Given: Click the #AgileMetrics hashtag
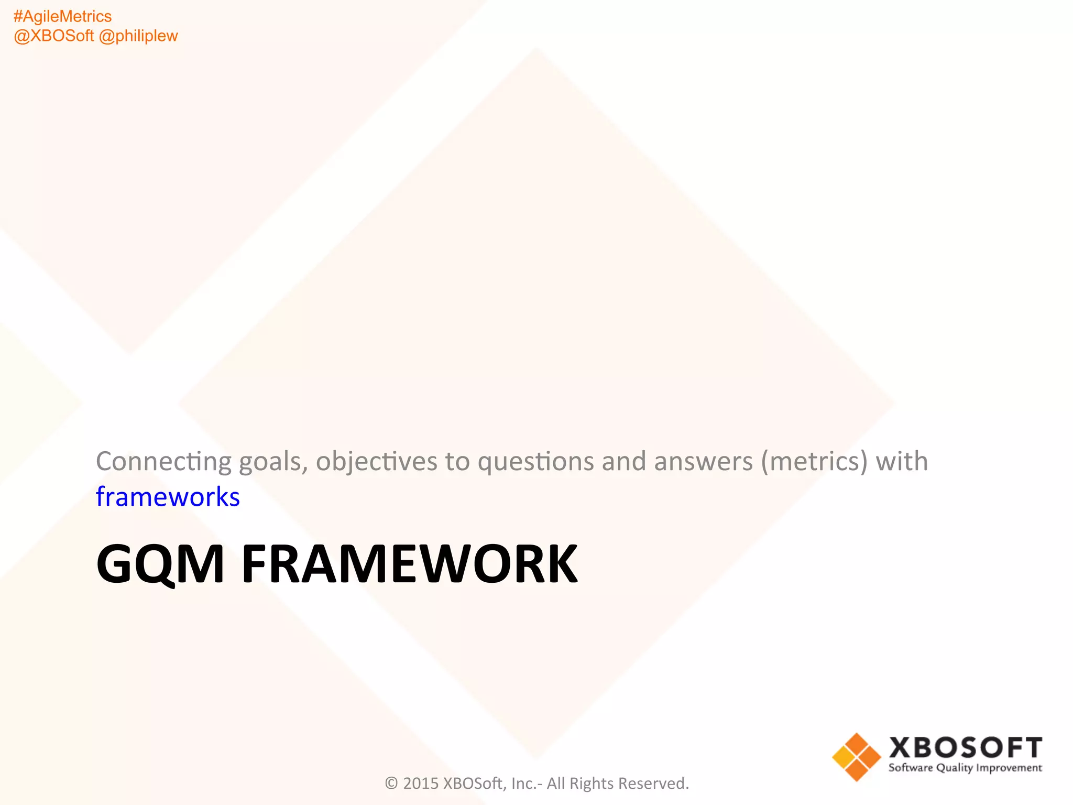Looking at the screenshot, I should pyautogui.click(x=62, y=17).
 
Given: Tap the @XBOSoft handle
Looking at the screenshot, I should pyautogui.click(x=53, y=36).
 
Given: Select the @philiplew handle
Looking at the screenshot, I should pyautogui.click(x=138, y=36).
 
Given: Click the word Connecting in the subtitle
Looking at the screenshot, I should pyautogui.click(x=163, y=462).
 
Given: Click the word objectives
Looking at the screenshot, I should pyautogui.click(x=376, y=462).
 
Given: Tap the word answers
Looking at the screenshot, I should pyautogui.click(x=703, y=462).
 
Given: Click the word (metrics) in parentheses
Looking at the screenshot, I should pyautogui.click(x=814, y=462).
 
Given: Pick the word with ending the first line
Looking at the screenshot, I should pyautogui.click(x=902, y=462).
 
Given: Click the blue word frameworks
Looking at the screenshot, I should pyautogui.click(x=168, y=497).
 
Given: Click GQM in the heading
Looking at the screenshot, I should pyautogui.click(x=160, y=564).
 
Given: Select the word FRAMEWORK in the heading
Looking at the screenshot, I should pyautogui.click(x=409, y=564).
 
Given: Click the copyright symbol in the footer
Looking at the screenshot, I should pyautogui.click(x=391, y=784).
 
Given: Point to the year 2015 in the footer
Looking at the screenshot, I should pyautogui.click(x=421, y=784).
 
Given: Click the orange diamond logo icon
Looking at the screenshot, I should pyautogui.click(x=857, y=757).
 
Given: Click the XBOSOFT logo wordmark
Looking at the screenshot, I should pyautogui.click(x=966, y=748).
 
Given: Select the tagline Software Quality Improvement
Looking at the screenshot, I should pyautogui.click(x=965, y=768).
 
